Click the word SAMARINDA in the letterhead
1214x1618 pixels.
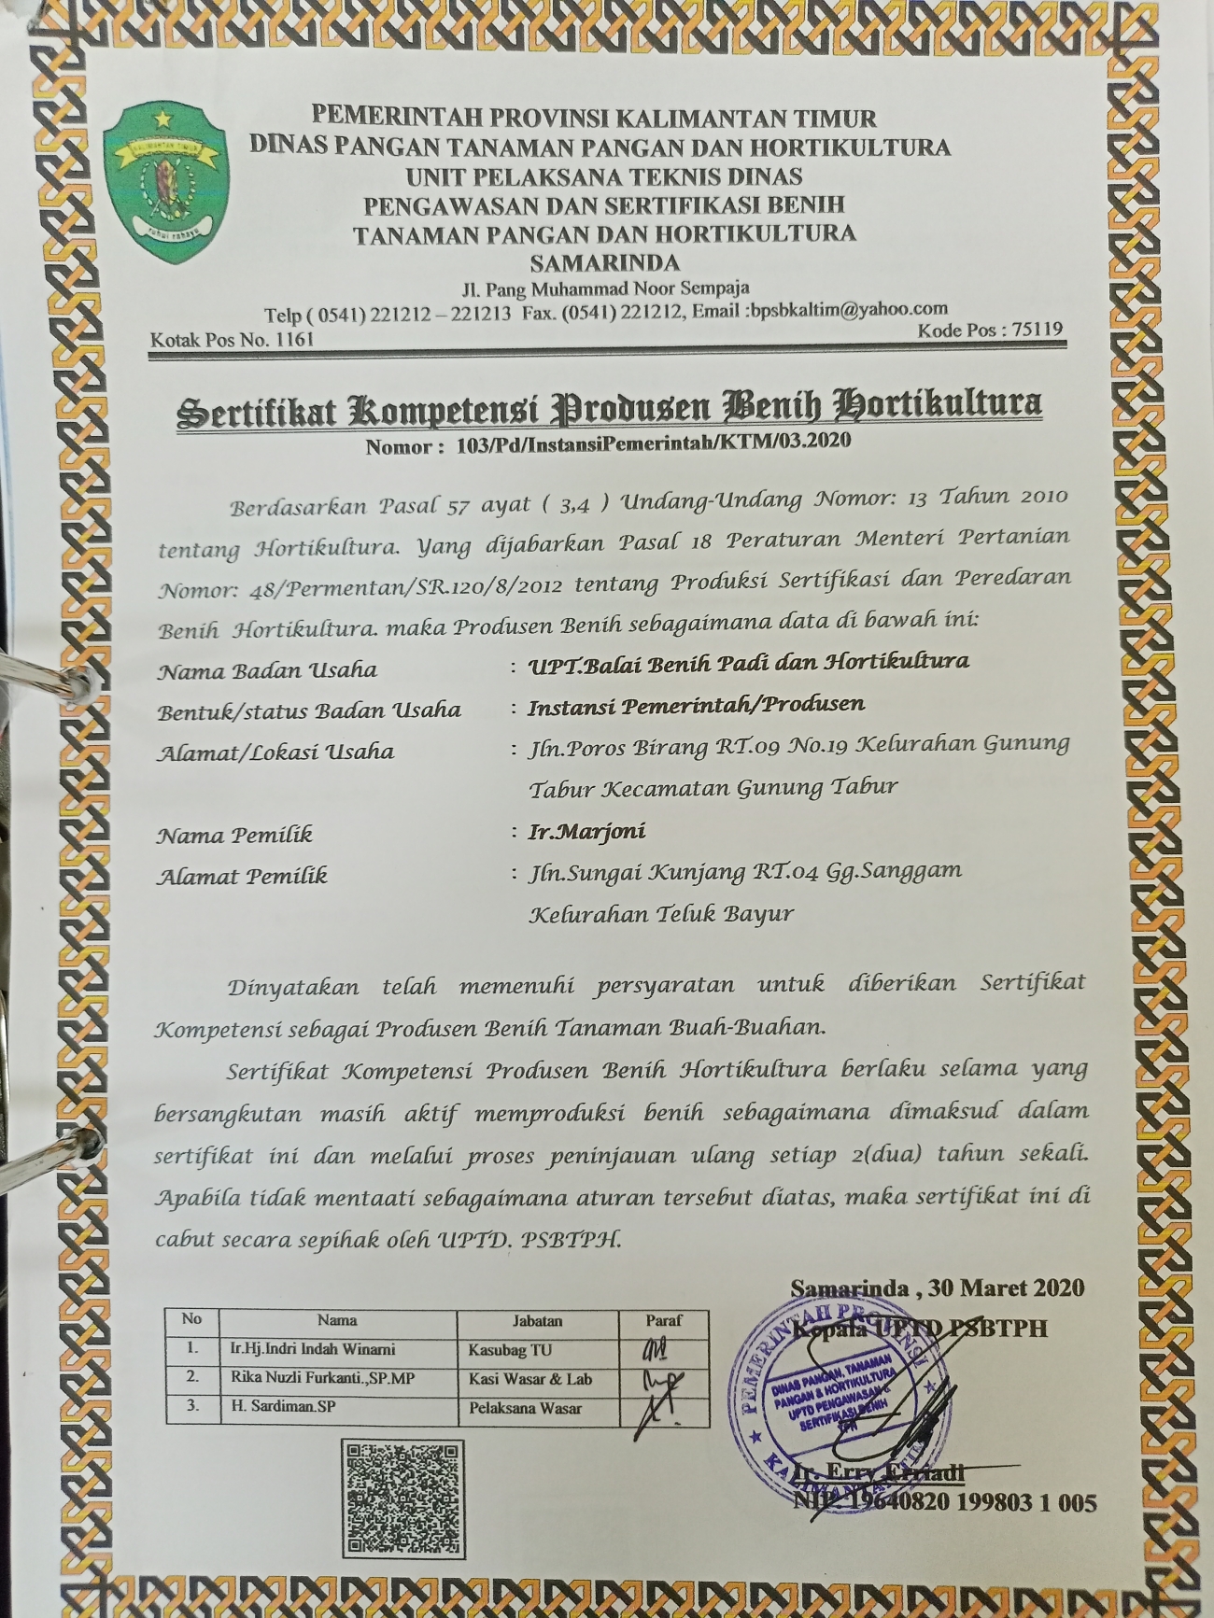click(x=604, y=263)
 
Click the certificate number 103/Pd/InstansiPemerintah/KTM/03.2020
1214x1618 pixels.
click(x=654, y=443)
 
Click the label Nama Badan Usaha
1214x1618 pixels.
click(x=267, y=670)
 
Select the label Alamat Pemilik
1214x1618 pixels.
click(x=242, y=876)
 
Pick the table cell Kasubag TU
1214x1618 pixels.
click(x=510, y=1350)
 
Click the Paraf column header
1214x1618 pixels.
click(x=663, y=1320)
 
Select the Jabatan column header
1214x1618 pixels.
click(x=537, y=1320)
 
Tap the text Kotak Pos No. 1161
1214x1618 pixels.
click(x=233, y=340)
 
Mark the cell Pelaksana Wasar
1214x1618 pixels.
click(x=525, y=1408)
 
